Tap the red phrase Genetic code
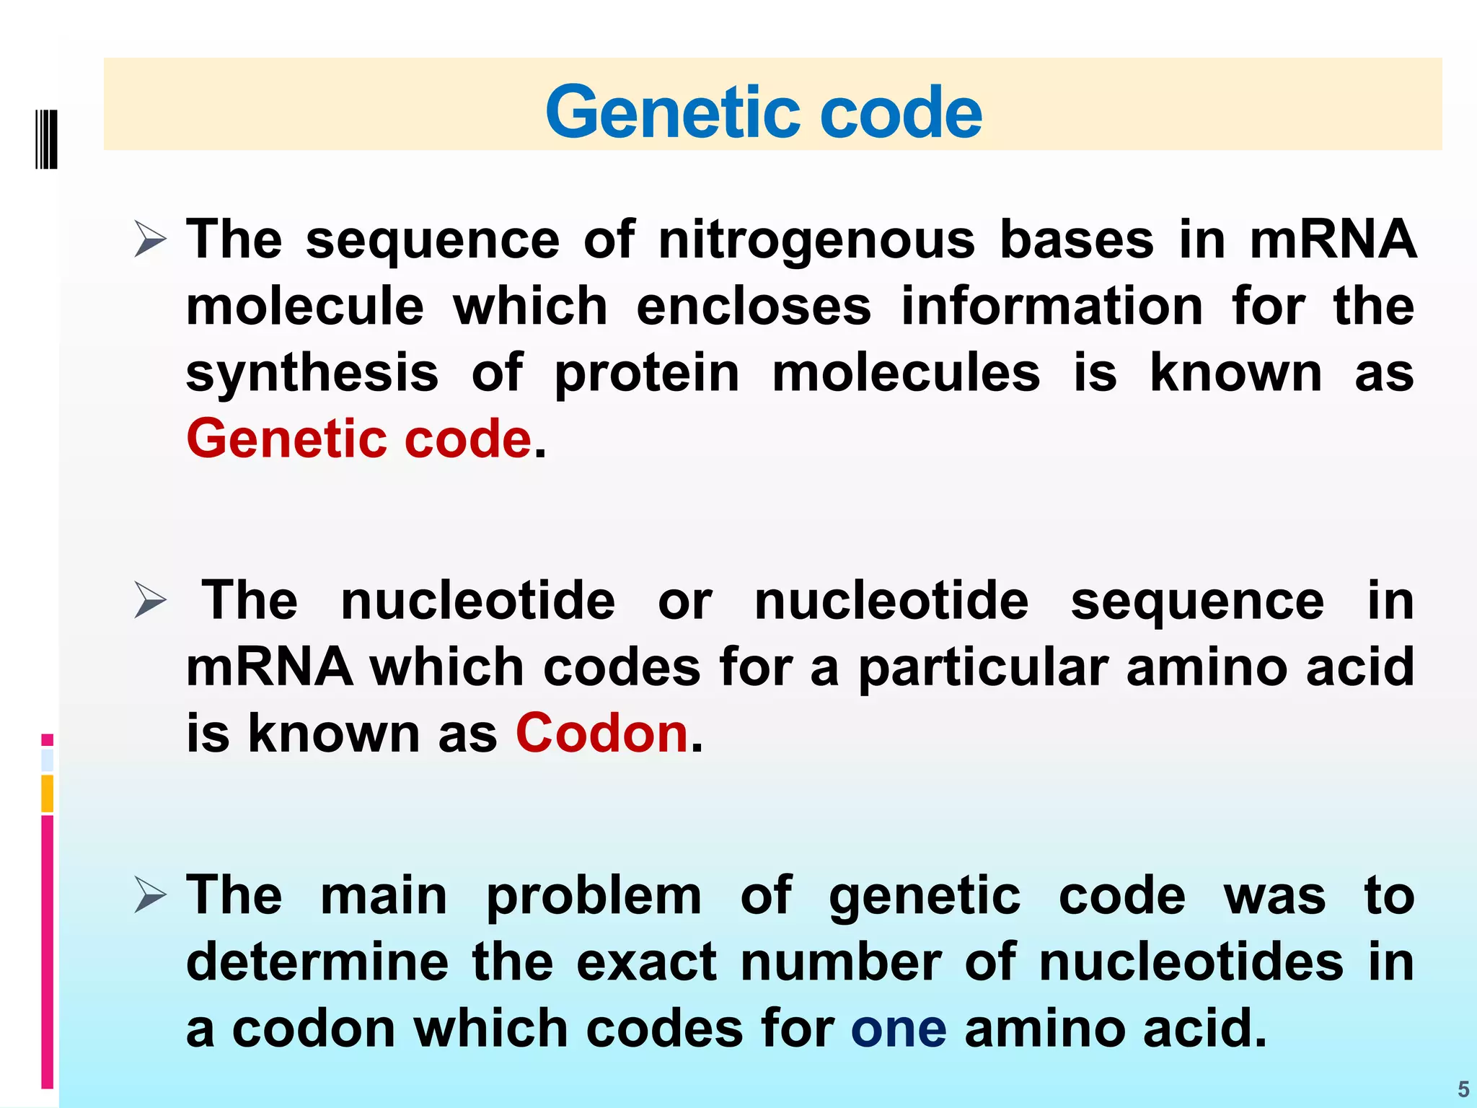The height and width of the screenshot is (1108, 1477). point(358,439)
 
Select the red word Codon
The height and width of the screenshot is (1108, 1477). point(601,733)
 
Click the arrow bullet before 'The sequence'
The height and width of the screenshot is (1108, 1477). point(150,239)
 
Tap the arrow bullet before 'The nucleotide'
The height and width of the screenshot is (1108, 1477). point(150,601)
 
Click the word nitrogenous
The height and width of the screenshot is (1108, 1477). point(816,241)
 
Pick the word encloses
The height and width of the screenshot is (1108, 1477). point(754,306)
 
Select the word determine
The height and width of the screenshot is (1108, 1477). point(317,962)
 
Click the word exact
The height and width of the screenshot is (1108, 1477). point(646,962)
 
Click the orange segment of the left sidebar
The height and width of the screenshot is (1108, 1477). point(48,793)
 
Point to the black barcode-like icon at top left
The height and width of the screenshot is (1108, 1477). point(46,139)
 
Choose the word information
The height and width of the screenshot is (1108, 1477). point(1051,306)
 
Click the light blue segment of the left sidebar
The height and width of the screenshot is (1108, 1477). point(48,760)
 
